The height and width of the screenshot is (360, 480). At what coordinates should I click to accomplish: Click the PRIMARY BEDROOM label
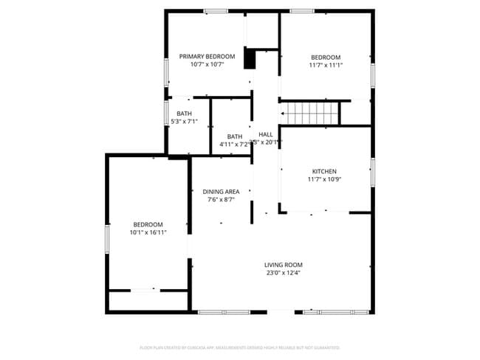point(207,57)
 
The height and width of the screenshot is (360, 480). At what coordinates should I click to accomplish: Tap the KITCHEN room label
point(324,170)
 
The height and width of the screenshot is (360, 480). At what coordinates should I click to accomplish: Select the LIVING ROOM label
point(284,265)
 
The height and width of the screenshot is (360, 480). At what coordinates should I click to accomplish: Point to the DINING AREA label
point(221,192)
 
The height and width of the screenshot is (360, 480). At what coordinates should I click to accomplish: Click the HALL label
point(266,134)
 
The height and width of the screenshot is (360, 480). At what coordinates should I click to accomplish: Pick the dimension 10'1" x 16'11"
point(148,232)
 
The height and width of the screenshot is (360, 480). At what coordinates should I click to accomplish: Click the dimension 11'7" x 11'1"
point(325,65)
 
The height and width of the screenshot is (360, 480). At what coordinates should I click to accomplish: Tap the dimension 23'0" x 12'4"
point(284,273)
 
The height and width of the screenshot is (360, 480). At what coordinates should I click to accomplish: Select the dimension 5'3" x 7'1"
point(184,121)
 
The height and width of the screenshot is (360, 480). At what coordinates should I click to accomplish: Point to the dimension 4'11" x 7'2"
point(234,145)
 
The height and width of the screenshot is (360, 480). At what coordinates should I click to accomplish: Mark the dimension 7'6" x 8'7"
point(221,200)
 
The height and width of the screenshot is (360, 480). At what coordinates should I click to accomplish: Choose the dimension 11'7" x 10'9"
point(324,179)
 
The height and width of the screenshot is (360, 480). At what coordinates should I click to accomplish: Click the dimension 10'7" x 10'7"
point(207,65)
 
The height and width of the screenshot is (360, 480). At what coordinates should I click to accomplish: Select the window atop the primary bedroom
point(215,11)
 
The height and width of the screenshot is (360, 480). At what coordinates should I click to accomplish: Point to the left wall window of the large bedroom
point(107,240)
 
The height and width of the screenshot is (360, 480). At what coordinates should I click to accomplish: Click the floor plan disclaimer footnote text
point(240,347)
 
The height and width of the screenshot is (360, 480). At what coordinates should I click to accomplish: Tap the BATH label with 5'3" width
point(184,113)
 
